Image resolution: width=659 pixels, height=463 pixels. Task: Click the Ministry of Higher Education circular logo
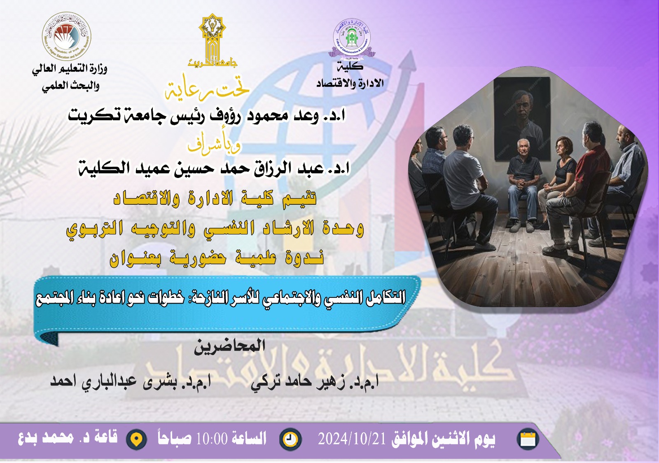pyautogui.click(x=66, y=37)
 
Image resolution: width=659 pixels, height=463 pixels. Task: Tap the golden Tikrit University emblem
pyautogui.click(x=212, y=39)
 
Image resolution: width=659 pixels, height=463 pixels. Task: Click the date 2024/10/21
pyautogui.click(x=352, y=439)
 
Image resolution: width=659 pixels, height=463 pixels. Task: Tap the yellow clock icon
pyautogui.click(x=290, y=439)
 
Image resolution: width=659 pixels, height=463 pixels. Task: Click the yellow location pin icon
pyautogui.click(x=136, y=440)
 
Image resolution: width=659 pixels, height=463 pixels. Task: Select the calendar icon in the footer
pyautogui.click(x=528, y=439)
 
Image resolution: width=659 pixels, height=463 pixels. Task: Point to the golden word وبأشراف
pyautogui.click(x=214, y=144)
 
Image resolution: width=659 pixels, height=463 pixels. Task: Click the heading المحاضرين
pyautogui.click(x=229, y=346)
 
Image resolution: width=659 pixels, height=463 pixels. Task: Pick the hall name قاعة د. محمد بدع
pyautogui.click(x=68, y=437)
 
